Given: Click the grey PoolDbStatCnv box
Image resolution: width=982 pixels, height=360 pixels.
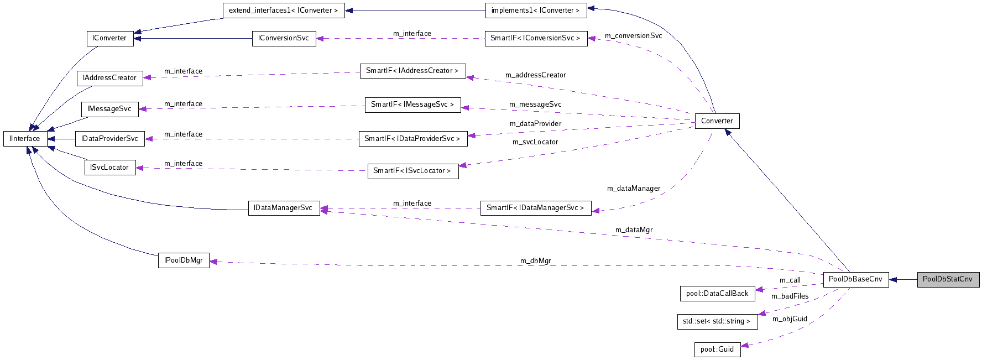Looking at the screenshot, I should [948, 279].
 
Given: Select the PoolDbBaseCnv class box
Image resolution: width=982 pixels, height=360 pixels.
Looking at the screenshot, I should [855, 279].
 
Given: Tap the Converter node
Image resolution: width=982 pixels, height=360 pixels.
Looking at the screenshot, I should [717, 121].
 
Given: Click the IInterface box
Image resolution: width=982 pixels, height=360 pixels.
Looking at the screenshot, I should [25, 139].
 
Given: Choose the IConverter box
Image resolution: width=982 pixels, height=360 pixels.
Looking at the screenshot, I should [109, 38].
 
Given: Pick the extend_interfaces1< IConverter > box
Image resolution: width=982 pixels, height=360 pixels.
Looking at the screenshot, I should [283, 11].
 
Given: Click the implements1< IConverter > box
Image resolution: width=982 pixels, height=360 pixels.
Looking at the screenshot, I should [535, 11].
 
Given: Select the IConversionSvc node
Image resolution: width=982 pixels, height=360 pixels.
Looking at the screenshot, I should [284, 38].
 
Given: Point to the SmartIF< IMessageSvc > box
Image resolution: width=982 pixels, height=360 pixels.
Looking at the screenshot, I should [412, 105].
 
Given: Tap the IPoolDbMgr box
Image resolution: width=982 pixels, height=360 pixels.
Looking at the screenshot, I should [184, 260].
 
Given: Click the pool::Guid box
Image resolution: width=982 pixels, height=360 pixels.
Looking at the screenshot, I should [717, 349].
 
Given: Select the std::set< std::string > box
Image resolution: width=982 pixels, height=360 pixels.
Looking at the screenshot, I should [717, 321].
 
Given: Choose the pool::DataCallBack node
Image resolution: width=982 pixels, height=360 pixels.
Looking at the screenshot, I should [717, 294].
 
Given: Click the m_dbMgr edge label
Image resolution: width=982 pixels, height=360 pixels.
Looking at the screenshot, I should [535, 261].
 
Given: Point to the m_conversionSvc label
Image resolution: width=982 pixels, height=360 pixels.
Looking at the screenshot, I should [633, 36].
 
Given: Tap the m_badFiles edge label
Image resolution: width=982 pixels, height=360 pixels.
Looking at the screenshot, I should [790, 296].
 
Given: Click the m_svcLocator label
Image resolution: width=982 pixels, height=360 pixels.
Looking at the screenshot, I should [535, 142].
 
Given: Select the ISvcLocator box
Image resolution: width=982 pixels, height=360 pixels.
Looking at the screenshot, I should [109, 168].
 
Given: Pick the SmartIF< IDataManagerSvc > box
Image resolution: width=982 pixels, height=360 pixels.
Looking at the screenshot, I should [535, 208].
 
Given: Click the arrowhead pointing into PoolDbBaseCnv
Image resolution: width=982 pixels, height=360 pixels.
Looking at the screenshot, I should [893, 279].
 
